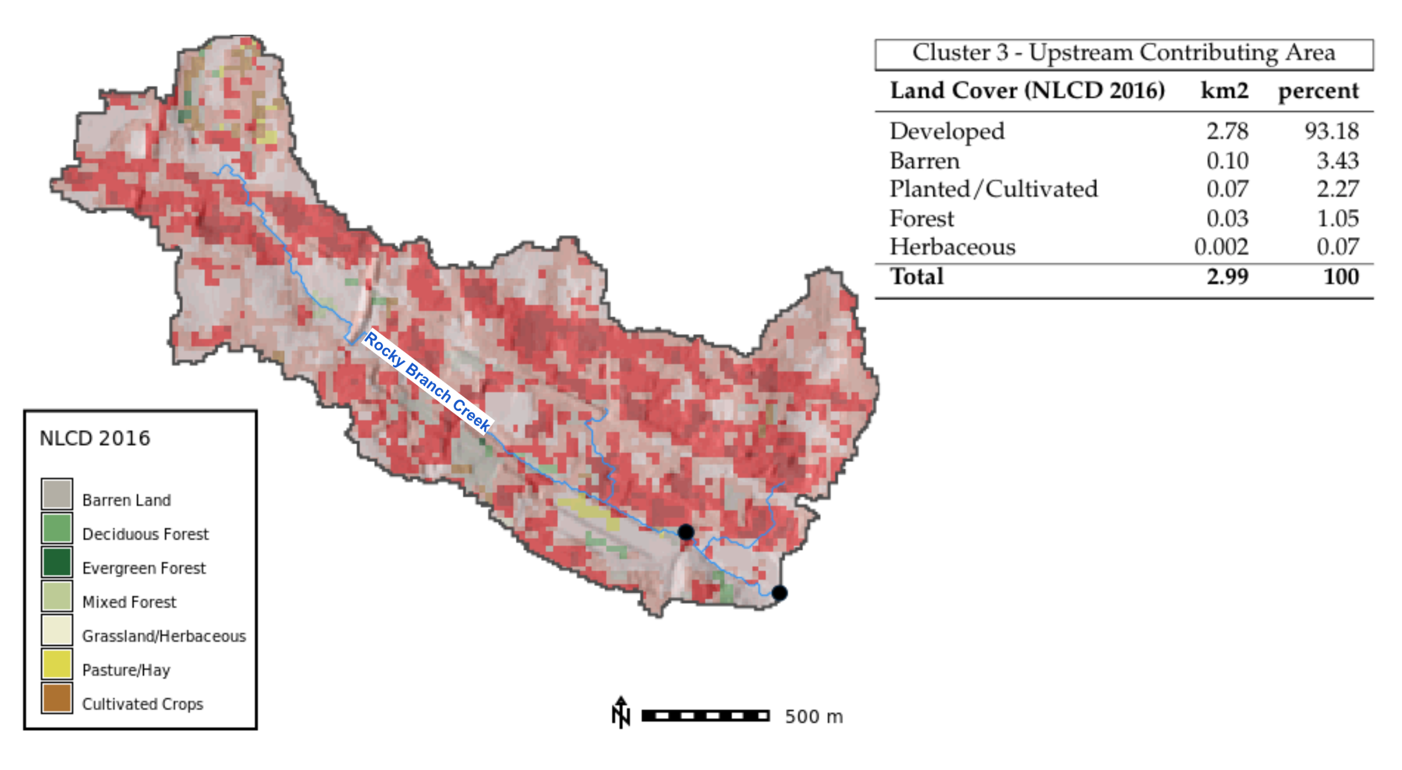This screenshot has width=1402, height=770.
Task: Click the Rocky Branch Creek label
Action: coord(427,381)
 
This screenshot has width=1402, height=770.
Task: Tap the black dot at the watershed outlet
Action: coord(779,593)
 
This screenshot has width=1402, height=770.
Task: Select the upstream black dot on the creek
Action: coord(686,531)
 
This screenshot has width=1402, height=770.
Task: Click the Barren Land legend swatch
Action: coord(56,494)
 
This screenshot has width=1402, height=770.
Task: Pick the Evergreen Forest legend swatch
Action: coord(56,562)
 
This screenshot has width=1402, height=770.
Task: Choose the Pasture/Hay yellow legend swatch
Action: coord(56,664)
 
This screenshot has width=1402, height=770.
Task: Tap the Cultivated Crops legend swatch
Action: coord(56,698)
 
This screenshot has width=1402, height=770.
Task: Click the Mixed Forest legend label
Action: coord(129,602)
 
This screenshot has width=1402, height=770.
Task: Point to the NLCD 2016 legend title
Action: coord(95,438)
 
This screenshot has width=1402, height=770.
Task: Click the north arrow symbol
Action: coord(620,712)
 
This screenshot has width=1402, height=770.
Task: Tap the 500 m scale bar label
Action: coord(814,717)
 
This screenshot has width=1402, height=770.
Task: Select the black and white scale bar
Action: coord(706,716)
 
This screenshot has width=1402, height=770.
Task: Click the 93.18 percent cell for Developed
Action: coord(1331,131)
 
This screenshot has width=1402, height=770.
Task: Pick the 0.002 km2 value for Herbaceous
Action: coord(1221,247)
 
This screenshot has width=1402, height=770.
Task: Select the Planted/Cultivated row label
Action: coord(993,189)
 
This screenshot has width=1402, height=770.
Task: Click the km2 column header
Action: coord(1224,91)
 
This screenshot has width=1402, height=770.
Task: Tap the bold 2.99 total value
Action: coord(1227,277)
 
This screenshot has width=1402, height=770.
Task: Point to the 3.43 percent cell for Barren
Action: coord(1337,161)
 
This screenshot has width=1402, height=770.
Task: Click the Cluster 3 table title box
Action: coord(1123,54)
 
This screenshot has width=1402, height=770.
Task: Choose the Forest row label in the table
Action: coord(921,218)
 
